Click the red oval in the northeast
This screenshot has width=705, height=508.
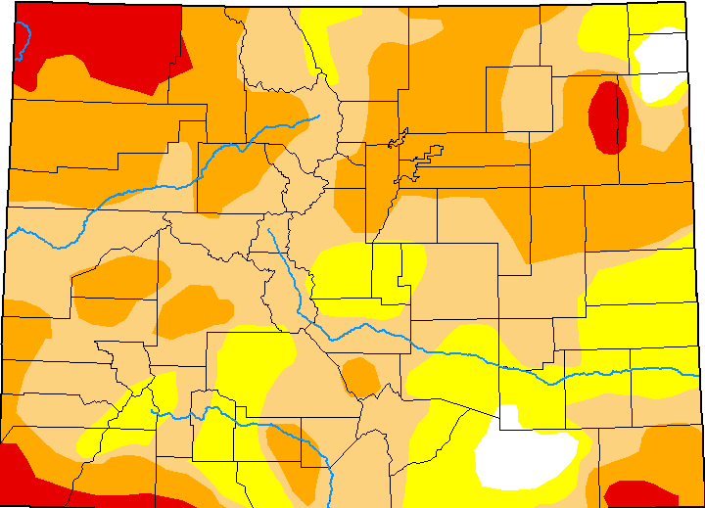point(608,116)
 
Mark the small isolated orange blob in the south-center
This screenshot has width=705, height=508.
point(361,378)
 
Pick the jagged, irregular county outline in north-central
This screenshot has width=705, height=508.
point(416,157)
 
